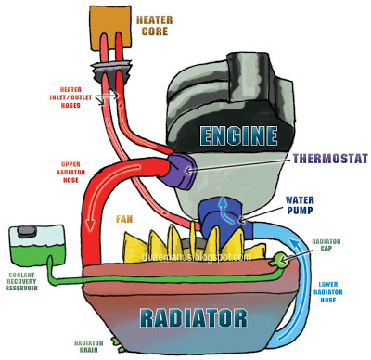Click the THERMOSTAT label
(x=320, y=157)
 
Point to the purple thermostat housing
(x=177, y=168)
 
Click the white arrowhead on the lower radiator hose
(x=297, y=250)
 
